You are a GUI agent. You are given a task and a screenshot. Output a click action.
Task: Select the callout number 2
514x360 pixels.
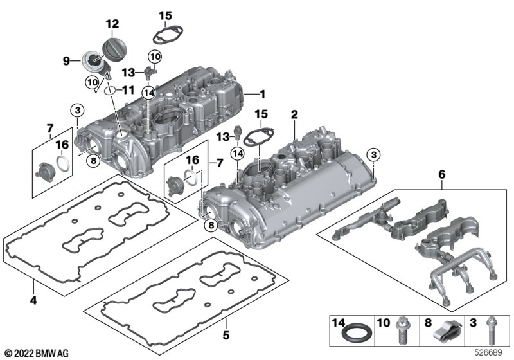point(294,114)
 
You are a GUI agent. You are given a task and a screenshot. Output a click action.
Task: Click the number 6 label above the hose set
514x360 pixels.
point(441,174)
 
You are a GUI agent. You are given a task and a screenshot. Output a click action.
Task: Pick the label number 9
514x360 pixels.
point(66,61)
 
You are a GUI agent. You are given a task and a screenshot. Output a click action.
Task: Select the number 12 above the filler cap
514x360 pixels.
point(112,24)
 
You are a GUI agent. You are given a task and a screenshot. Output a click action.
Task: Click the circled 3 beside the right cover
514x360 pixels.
point(374,153)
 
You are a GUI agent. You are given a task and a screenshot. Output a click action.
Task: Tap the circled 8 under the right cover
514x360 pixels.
point(209,224)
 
